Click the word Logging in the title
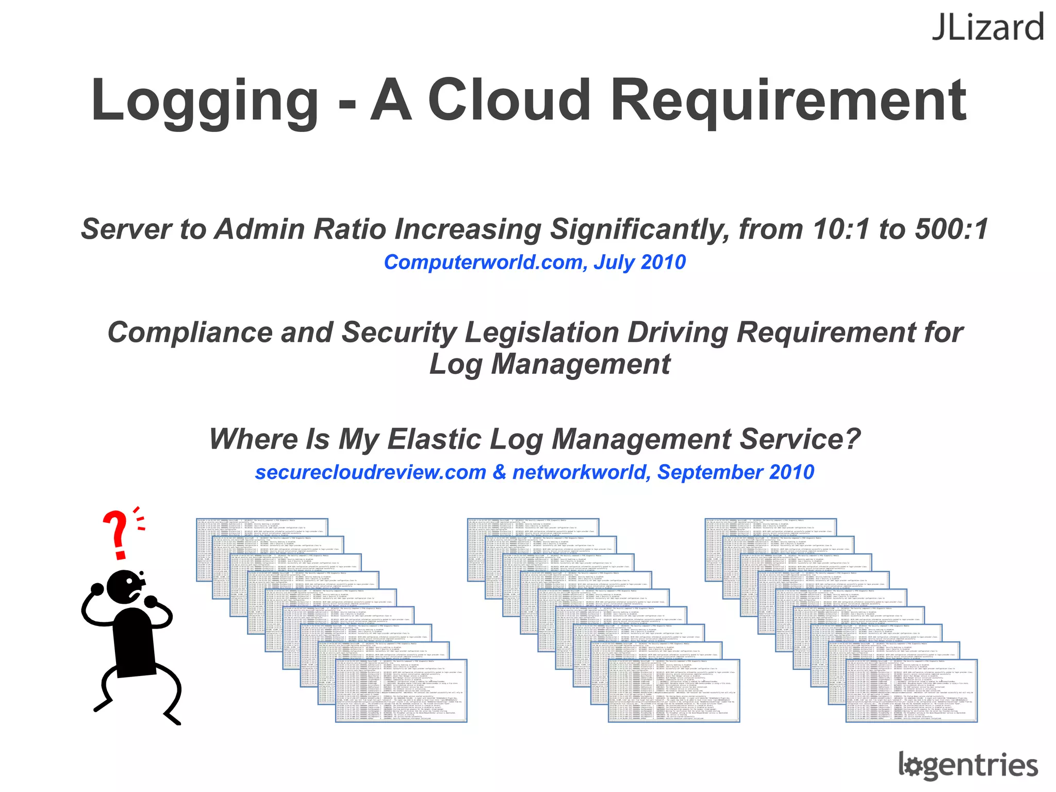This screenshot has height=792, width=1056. click(205, 101)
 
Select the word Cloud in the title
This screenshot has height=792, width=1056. click(509, 101)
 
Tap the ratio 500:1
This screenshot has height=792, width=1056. click(952, 229)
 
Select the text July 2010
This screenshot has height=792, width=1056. click(640, 262)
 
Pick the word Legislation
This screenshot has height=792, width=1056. click(541, 332)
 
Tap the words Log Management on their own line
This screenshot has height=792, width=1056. click(550, 365)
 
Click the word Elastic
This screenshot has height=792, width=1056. click(434, 439)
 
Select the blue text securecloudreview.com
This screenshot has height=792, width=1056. click(370, 472)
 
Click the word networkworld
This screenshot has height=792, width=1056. click(580, 472)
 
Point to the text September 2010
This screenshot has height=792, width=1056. click(736, 472)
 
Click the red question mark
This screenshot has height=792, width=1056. click(118, 534)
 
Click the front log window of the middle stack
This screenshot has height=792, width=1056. click(674, 691)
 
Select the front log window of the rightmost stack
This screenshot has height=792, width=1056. click(911, 691)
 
